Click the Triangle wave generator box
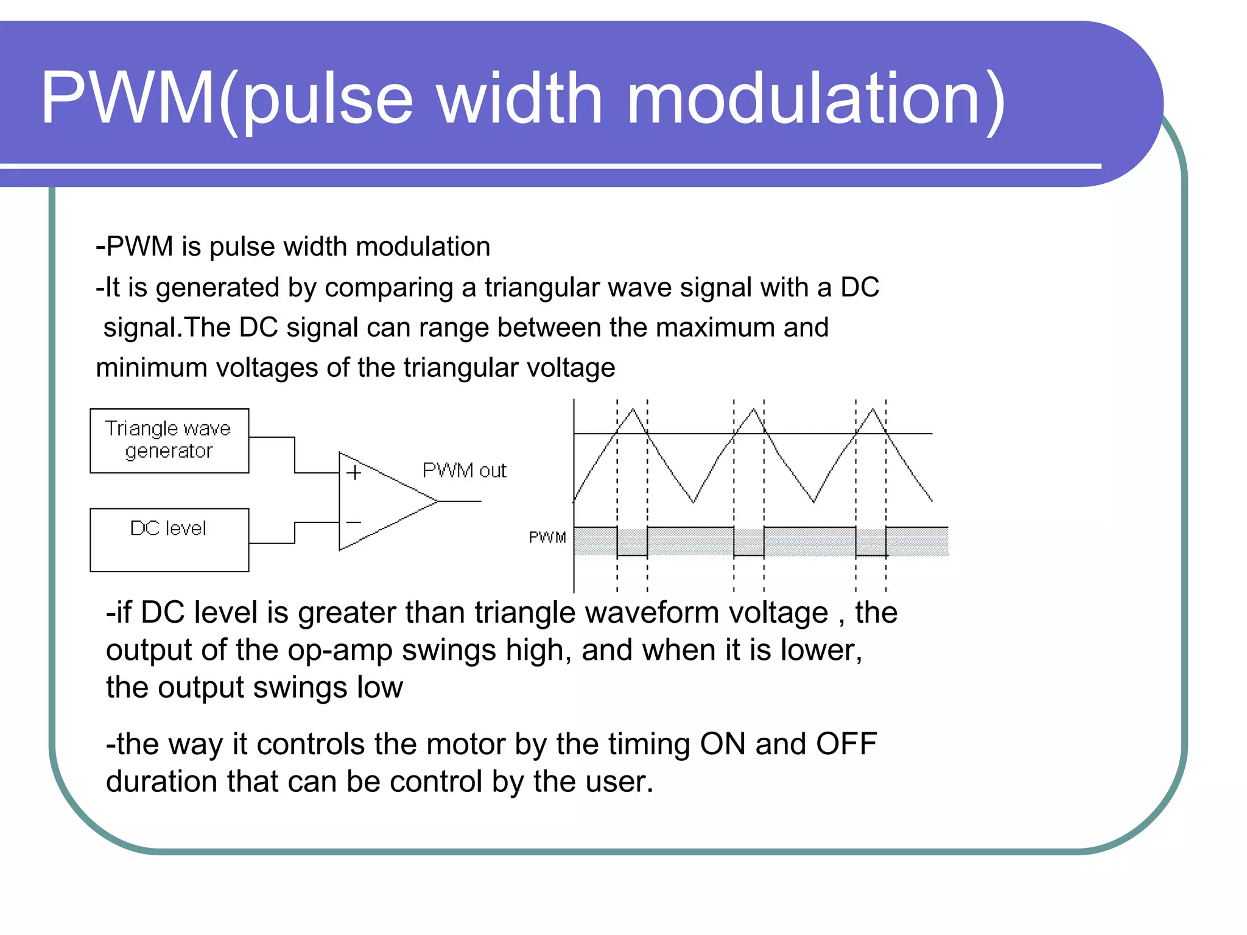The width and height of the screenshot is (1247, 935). click(169, 440)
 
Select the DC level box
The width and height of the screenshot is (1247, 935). click(169, 539)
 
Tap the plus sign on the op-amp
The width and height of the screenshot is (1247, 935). click(354, 473)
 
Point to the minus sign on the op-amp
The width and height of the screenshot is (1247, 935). click(354, 522)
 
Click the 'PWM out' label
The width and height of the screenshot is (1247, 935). click(464, 471)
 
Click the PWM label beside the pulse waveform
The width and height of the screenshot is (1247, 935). click(547, 538)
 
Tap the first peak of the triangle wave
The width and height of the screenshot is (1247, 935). click(633, 410)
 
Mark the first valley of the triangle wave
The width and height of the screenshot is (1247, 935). click(694, 502)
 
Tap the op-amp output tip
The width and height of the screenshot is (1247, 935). click(437, 501)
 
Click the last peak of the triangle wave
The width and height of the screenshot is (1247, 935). click(873, 410)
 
